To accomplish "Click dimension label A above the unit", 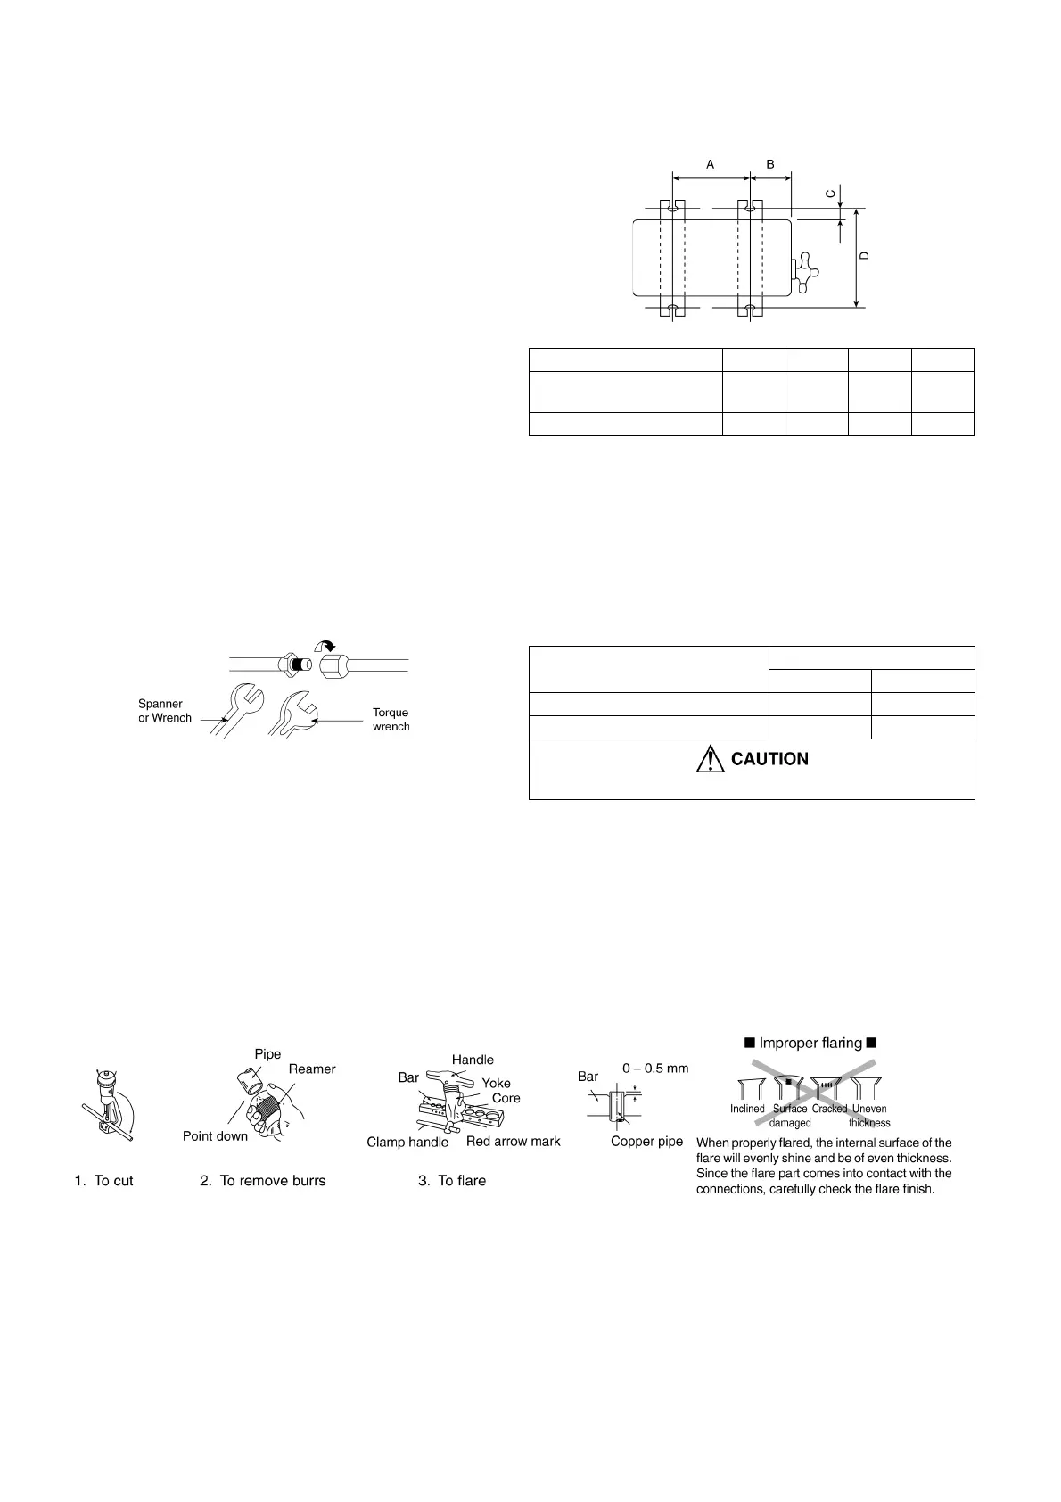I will click(x=711, y=164).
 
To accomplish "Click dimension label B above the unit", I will click(x=770, y=164).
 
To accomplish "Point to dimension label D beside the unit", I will click(x=863, y=256).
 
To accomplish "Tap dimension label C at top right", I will click(x=829, y=194).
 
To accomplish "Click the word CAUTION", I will click(x=769, y=759).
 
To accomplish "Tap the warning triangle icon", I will click(x=710, y=759).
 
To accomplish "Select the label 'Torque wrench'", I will click(x=391, y=720).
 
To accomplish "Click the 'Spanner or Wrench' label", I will click(x=165, y=711).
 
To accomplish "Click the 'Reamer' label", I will click(x=312, y=1069).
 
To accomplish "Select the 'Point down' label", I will click(x=215, y=1135).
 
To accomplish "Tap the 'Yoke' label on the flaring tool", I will click(x=497, y=1083).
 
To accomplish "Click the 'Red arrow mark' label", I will click(x=514, y=1141).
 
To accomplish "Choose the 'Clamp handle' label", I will click(x=407, y=1142).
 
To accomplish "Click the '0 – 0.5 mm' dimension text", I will click(x=655, y=1068).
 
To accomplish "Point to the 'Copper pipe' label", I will click(x=646, y=1141).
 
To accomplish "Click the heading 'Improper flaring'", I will click(x=810, y=1043).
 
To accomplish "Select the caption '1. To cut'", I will click(x=104, y=1180).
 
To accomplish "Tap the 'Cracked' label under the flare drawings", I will click(x=829, y=1109).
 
